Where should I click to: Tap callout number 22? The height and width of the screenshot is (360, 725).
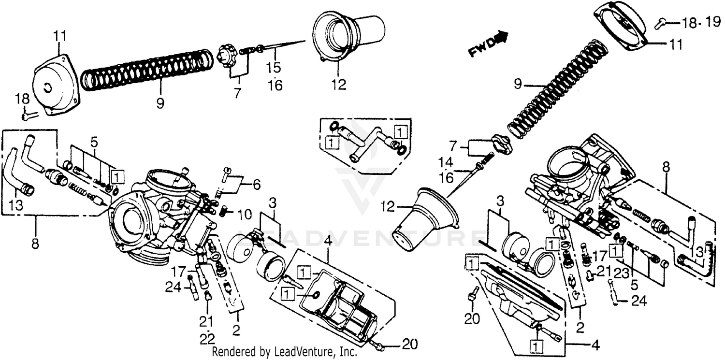coord(208,339)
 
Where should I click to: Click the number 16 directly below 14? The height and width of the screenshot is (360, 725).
coord(446,177)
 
